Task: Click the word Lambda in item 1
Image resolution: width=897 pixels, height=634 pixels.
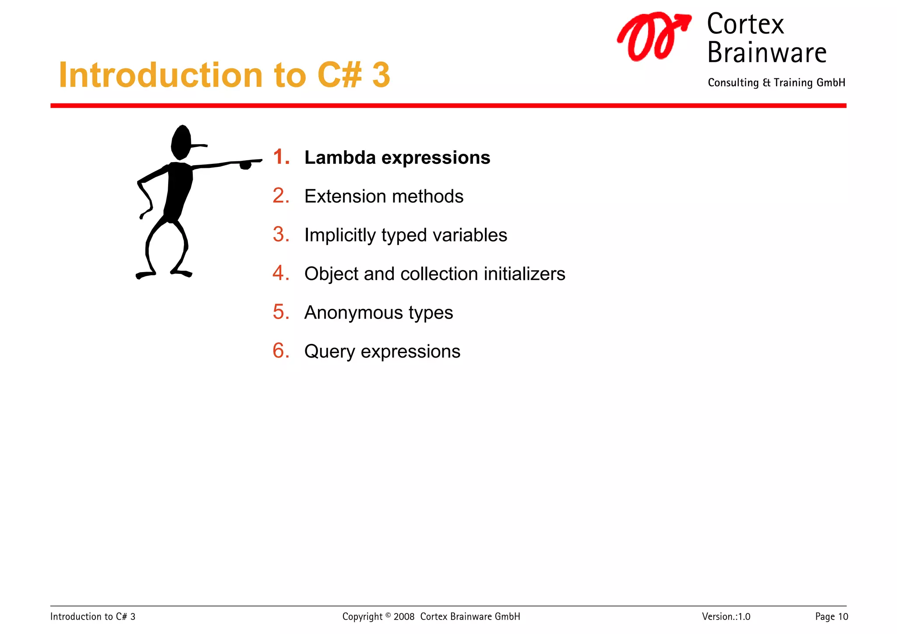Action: (339, 158)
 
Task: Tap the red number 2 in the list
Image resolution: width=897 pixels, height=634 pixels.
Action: (281, 196)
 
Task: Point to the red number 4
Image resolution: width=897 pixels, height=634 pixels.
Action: (281, 273)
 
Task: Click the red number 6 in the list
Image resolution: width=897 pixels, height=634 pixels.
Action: (281, 351)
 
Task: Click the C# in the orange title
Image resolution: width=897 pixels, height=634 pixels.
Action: (339, 75)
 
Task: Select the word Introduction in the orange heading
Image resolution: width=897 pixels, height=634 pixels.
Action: (160, 75)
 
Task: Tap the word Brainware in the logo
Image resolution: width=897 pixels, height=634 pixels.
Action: (766, 53)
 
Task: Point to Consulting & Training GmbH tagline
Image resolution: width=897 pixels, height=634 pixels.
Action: (776, 83)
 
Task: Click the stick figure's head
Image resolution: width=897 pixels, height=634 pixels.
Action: (181, 142)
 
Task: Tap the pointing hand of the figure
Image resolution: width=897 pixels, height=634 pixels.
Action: (246, 165)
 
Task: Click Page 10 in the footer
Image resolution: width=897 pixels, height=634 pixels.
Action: (831, 616)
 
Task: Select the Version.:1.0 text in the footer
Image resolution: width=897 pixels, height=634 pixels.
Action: (726, 616)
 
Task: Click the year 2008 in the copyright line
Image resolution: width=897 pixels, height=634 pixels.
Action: (403, 616)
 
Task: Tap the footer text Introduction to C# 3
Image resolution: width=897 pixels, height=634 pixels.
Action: (93, 616)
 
